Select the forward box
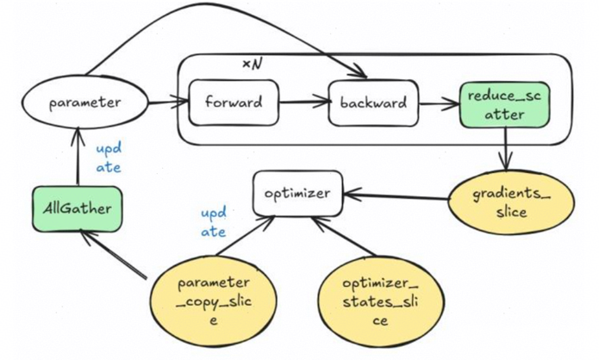pyautogui.click(x=233, y=103)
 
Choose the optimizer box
pyautogui.click(x=297, y=193)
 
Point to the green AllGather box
pyautogui.click(x=77, y=208)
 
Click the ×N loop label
pyautogui.click(x=253, y=66)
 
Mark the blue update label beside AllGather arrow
pyautogui.click(x=108, y=158)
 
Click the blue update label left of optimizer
pyautogui.click(x=214, y=222)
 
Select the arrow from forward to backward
pyautogui.click(x=303, y=103)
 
